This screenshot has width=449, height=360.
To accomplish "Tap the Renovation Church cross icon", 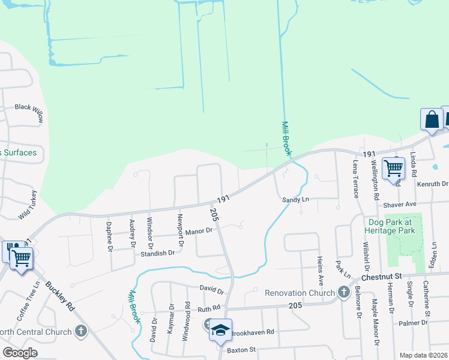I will (343, 292).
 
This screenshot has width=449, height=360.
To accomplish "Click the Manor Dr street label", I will (199, 231).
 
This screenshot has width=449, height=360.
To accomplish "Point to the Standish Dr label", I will (158, 253).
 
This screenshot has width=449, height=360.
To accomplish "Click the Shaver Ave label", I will (399, 205).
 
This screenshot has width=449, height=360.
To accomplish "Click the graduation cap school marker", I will (220, 329).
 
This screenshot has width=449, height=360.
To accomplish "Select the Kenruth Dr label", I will (432, 184).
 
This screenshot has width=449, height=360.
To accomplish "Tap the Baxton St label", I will (241, 349).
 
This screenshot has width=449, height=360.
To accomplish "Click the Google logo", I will (20, 353).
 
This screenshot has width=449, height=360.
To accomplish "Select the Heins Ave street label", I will (320, 268).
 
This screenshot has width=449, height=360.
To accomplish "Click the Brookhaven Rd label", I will (252, 332).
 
